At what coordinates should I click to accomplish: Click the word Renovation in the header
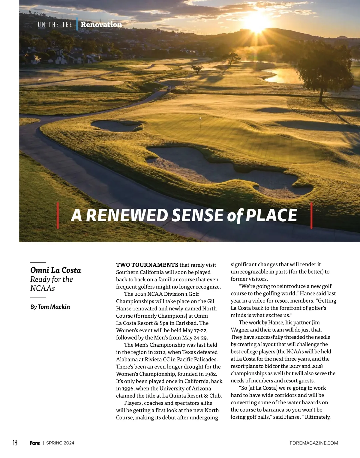click(101, 25)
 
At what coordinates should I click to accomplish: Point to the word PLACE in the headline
click(271, 215)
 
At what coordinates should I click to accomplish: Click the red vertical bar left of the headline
click(58, 215)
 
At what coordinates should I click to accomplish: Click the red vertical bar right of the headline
click(311, 215)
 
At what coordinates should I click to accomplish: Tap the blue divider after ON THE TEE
click(77, 24)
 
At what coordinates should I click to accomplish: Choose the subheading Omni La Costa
click(55, 270)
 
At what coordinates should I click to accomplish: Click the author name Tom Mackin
click(54, 307)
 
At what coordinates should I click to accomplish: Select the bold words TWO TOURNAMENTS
click(147, 265)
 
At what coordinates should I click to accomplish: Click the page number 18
click(15, 443)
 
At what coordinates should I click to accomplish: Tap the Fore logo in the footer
click(35, 443)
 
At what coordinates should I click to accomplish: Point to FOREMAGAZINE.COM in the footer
click(314, 443)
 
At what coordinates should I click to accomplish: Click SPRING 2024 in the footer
click(60, 443)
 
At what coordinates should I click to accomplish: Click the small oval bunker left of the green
click(116, 125)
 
